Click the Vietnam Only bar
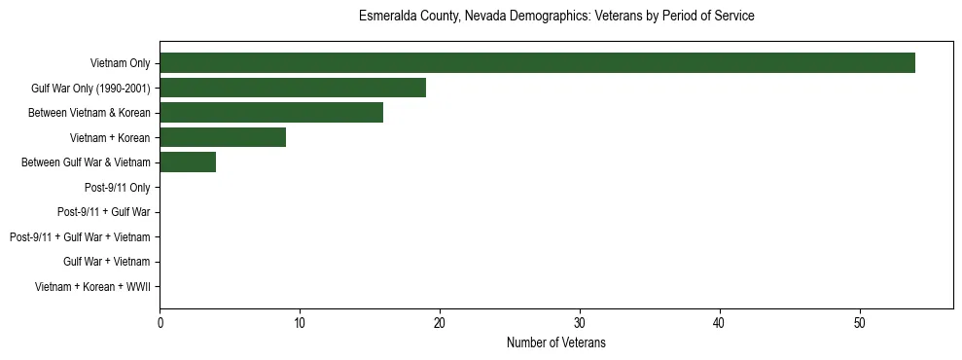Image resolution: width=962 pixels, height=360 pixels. (537, 63)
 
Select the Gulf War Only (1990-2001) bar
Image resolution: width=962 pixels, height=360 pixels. (293, 88)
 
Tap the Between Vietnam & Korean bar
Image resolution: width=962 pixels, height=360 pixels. (271, 113)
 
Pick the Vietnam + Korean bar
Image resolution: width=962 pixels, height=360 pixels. (223, 137)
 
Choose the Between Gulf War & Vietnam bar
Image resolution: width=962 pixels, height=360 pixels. (188, 162)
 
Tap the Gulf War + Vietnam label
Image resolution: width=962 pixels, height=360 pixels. (106, 262)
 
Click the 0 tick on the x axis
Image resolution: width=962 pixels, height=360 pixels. (160, 323)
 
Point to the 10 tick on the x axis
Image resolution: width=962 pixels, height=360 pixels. (300, 323)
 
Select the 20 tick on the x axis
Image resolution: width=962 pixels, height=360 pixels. (440, 323)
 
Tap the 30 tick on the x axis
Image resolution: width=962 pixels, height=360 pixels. (580, 323)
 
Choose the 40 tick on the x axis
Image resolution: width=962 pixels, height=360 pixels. (720, 323)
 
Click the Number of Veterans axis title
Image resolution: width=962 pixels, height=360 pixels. (556, 342)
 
